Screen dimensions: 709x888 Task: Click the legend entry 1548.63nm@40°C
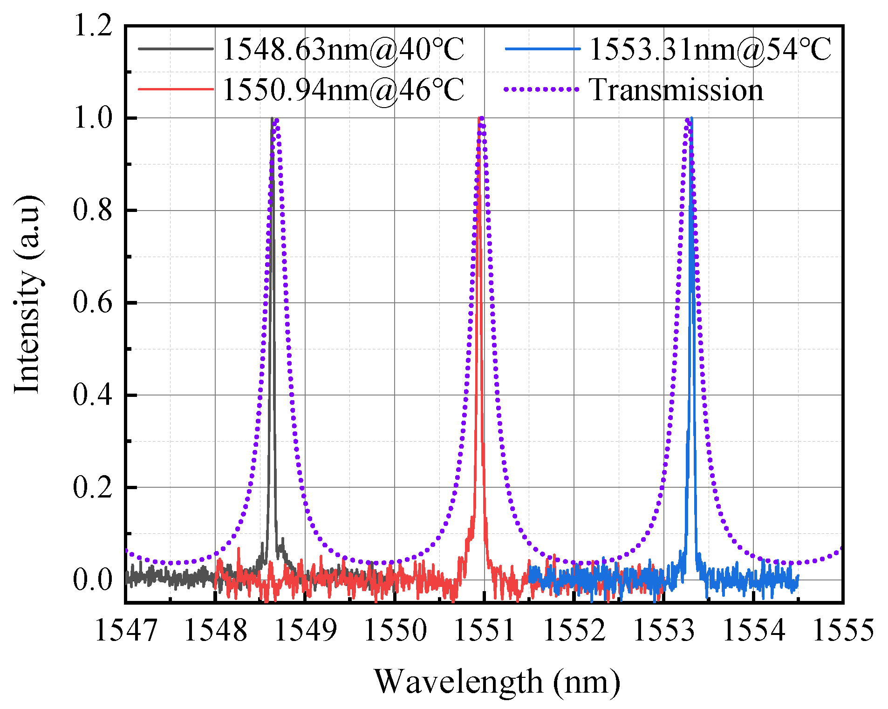(343, 49)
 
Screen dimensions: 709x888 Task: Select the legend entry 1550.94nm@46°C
(343, 89)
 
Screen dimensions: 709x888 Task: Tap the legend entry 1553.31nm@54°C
(710, 49)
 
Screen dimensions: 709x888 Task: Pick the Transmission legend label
(676, 89)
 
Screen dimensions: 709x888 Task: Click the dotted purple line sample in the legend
(541, 89)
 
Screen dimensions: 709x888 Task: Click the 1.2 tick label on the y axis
(93, 25)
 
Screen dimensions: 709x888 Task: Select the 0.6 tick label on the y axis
(93, 303)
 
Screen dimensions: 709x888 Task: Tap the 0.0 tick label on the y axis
(93, 580)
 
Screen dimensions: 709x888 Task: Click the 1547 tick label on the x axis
(126, 631)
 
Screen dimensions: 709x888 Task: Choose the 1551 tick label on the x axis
(485, 631)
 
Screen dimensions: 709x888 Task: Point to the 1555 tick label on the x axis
(842, 631)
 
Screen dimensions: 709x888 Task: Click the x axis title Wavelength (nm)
(497, 682)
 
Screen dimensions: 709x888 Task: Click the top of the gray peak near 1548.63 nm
(272, 119)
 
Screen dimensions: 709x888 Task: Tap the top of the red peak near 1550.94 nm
(479, 119)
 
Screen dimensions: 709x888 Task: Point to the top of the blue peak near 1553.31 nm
(691, 119)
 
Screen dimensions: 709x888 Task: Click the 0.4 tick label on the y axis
(93, 395)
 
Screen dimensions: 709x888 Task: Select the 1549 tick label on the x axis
(305, 631)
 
